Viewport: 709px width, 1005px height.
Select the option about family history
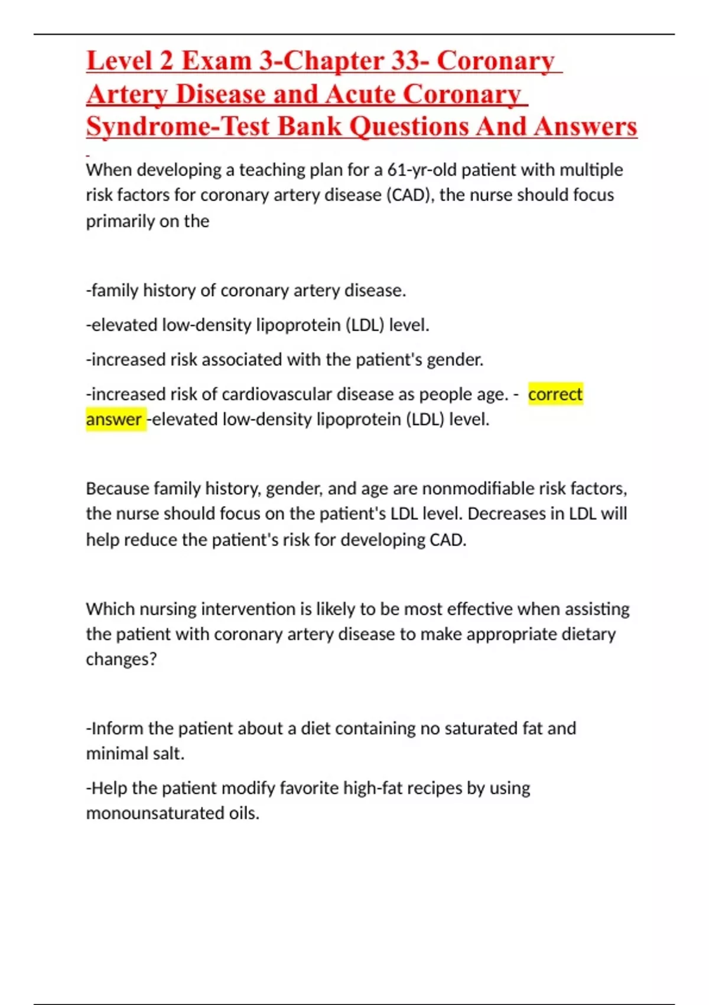tap(246, 290)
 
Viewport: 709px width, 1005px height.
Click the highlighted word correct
tap(555, 394)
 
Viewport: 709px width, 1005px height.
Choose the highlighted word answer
tap(113, 419)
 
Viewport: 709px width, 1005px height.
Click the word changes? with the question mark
tap(121, 659)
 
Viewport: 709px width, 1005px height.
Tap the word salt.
tap(170, 754)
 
